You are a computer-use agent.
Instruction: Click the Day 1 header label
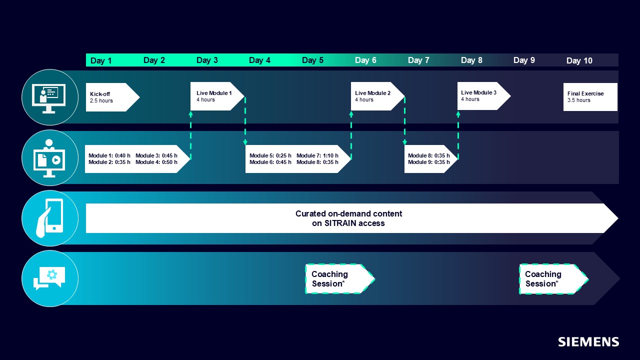101,60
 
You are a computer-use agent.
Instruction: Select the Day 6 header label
365,60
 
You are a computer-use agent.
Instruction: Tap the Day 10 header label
579,60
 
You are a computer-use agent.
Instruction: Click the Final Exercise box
590,97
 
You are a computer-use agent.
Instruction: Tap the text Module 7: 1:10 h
317,155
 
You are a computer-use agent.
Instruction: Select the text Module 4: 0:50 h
156,162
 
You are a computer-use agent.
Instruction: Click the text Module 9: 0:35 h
428,162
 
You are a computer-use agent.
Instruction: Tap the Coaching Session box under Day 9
549,278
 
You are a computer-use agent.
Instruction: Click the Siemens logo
588,342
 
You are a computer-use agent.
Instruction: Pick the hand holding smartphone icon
50,218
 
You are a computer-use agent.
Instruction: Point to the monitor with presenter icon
50,97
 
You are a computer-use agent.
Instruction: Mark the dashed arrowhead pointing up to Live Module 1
191,114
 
